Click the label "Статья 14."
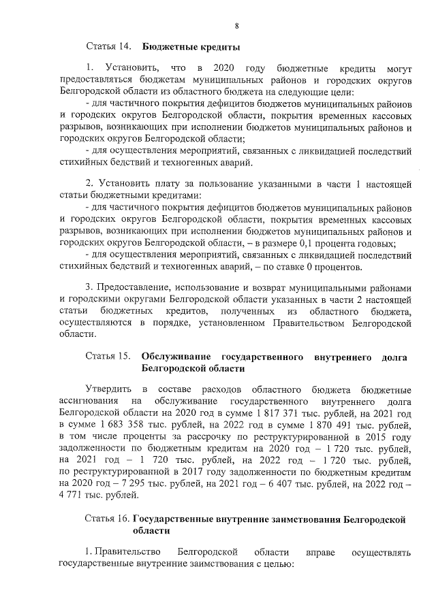coord(108,47)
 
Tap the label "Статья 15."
coord(108,356)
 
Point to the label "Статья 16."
coord(107,519)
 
